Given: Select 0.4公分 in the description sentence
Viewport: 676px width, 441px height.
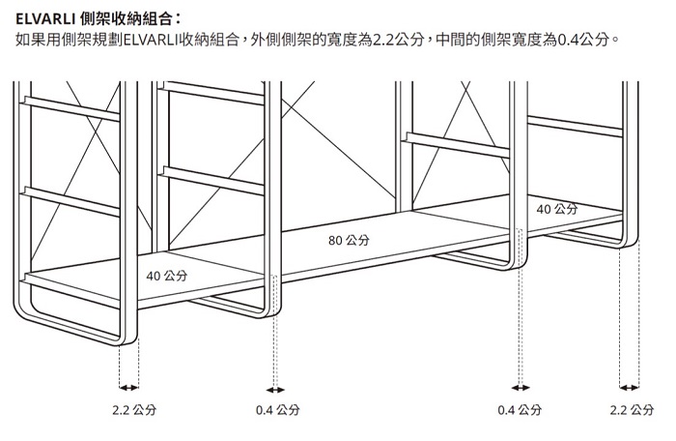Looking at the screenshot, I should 584,41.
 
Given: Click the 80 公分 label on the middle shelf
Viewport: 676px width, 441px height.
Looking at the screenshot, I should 349,240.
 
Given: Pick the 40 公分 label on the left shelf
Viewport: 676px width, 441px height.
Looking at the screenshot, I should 167,278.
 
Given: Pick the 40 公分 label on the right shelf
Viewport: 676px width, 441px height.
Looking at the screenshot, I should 557,209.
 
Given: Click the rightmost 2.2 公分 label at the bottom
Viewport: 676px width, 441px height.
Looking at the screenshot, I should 632,410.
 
